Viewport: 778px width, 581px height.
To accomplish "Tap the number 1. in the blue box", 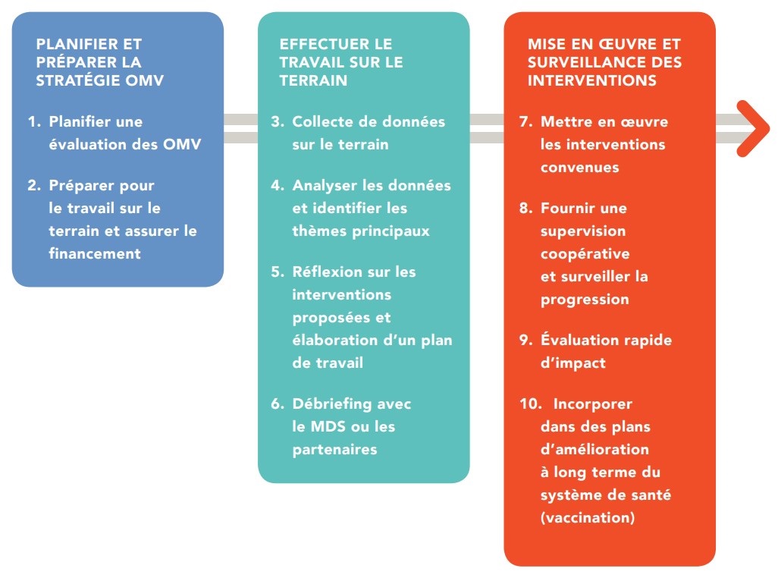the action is [35, 121].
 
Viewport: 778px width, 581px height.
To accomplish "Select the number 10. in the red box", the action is [530, 404].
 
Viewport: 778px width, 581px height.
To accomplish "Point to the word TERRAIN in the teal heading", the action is [313, 80].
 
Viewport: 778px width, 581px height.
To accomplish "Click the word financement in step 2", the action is [95, 253].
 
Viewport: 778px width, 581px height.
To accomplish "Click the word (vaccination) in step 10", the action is [588, 517].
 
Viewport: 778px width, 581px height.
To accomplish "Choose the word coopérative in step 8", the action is [585, 254].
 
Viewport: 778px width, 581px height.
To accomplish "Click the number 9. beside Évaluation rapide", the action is [526, 340].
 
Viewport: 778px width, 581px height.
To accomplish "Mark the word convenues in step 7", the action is [579, 168].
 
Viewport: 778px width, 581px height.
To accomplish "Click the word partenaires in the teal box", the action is [334, 450].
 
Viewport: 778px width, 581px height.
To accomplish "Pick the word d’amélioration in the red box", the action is [594, 449].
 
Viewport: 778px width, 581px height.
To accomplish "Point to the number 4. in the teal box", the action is [278, 186].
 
